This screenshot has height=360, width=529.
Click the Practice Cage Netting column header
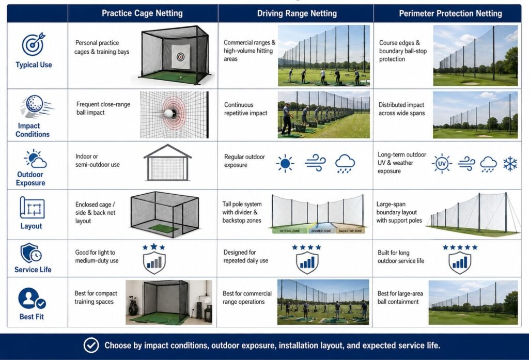142,13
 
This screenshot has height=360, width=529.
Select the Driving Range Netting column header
297,13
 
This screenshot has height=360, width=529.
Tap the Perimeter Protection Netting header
450,13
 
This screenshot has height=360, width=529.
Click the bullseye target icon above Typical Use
34,44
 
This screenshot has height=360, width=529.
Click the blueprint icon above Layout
32,208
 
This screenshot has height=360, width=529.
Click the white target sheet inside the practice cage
180,57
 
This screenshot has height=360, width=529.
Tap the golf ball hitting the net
169,113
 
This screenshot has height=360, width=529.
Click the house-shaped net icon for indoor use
167,163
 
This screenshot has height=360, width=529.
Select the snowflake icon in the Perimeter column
510,164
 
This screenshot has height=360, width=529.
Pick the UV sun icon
442,164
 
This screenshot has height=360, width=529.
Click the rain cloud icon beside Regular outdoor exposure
345,164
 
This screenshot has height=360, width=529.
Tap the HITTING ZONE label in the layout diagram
290,231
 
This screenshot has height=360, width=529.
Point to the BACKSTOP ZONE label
350,231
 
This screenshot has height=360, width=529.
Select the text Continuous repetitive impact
245,109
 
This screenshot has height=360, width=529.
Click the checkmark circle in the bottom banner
91,345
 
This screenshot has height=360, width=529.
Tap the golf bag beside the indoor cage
133,305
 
